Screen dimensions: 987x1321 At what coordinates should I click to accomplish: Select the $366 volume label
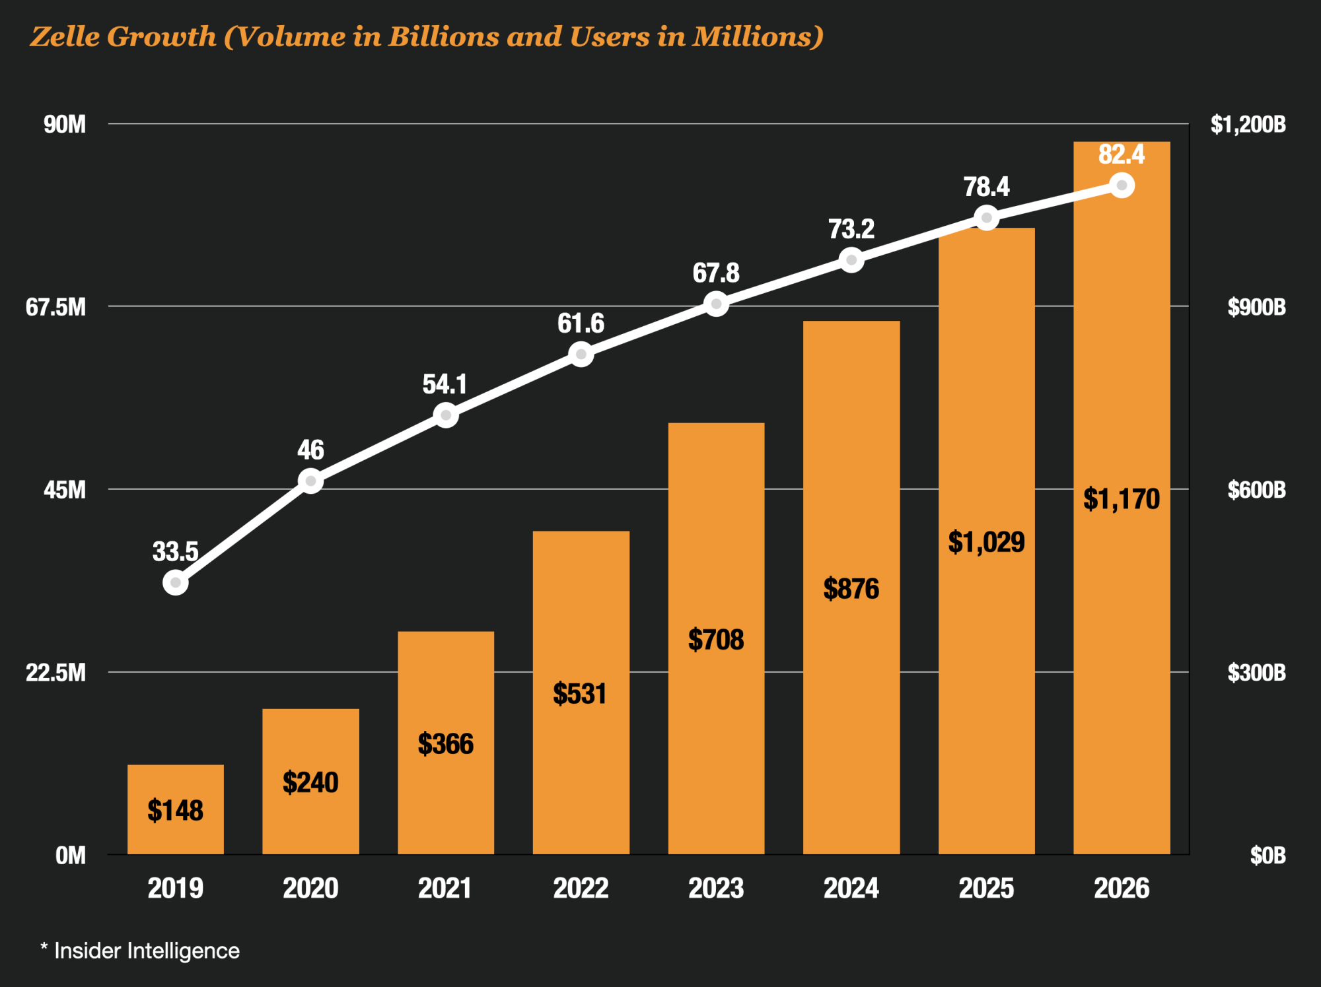point(446,744)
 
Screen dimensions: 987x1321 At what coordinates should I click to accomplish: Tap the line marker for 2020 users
point(310,481)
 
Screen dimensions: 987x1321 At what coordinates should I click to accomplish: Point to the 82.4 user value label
point(1121,154)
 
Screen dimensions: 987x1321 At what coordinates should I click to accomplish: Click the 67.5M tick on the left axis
point(56,307)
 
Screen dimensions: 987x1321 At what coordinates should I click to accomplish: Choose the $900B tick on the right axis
point(1256,307)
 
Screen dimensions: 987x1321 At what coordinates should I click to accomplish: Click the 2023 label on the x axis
point(716,888)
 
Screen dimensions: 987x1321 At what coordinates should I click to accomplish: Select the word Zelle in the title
point(65,37)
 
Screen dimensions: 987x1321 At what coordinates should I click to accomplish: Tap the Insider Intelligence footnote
point(147,951)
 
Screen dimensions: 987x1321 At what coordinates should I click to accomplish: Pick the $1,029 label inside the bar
point(986,542)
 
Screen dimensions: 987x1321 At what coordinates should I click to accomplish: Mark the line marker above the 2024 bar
point(851,259)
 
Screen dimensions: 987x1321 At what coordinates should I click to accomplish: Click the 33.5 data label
point(175,551)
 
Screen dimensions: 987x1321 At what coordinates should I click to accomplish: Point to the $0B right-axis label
point(1267,856)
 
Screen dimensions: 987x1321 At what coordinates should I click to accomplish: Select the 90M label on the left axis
point(65,124)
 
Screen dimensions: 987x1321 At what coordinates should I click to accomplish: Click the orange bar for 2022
point(581,693)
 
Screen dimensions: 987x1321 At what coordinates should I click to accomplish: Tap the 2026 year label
point(1122,888)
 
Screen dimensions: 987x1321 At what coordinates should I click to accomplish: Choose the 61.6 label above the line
point(581,323)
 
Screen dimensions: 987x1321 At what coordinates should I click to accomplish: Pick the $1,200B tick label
point(1248,124)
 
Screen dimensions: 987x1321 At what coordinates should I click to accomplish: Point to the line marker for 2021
point(446,415)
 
